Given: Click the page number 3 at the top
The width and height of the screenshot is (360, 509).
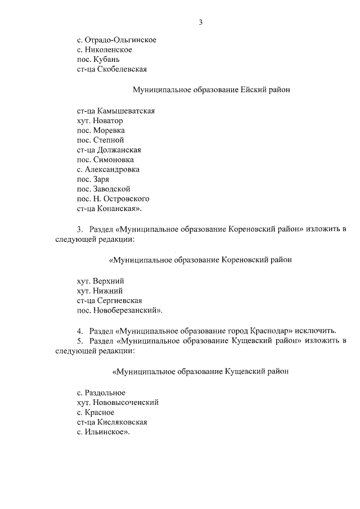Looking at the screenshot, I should point(200,22).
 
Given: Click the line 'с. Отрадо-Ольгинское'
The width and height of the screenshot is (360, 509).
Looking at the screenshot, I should point(116,40).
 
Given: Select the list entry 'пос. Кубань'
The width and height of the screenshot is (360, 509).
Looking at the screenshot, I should point(97,59).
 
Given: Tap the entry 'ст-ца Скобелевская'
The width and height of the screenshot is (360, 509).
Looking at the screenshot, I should point(111,69).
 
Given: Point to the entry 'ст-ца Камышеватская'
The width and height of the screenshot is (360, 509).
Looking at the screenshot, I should point(115,111).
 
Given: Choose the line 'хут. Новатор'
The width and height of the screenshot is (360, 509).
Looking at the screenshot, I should point(100,120).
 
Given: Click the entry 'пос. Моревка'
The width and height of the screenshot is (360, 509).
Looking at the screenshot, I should point(101,130).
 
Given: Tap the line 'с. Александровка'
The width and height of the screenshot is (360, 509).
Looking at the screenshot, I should point(108,169).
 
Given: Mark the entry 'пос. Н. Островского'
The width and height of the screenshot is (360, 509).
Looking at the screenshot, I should point(112,198).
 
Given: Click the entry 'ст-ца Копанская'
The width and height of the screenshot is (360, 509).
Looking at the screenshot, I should point(108,208).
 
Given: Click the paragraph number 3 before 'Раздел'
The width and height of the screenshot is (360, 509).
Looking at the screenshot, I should point(79,229).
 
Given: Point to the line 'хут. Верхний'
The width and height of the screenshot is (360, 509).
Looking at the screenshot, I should point(100,280).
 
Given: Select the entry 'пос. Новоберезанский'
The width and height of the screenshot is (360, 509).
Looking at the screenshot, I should point(119,309).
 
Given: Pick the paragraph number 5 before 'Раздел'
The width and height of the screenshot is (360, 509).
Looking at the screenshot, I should point(79,340).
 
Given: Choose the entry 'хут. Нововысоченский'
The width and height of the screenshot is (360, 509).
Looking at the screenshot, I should point(118,402).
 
